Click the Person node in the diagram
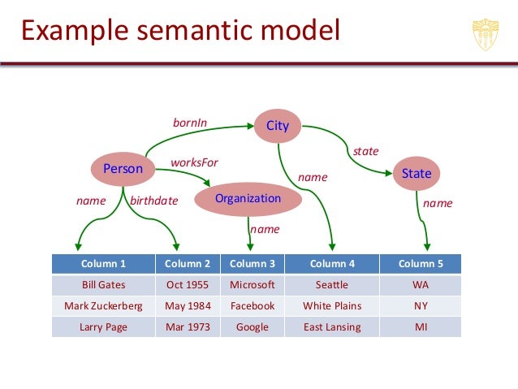tap(123, 169)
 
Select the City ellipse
tap(278, 125)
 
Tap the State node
tap(417, 173)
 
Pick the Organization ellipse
tap(248, 199)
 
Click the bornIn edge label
tap(190, 123)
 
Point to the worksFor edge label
tap(194, 162)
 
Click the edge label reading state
tap(365, 151)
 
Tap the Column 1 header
tap(103, 264)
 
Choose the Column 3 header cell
tap(253, 264)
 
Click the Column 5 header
tap(421, 264)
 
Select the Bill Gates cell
tap(103, 285)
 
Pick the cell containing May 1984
tap(188, 306)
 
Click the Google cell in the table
tap(253, 327)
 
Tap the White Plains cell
tap(332, 306)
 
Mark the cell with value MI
tap(421, 327)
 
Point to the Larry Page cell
tap(103, 327)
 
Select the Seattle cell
tap(332, 285)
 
